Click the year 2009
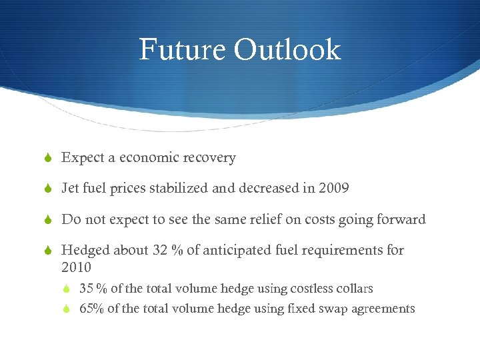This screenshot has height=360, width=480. click(x=333, y=189)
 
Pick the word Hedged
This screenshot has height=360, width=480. click(x=85, y=250)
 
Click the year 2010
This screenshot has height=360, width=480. click(x=76, y=267)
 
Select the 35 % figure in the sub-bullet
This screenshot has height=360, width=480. click(x=93, y=289)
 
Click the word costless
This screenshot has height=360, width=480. click(x=303, y=289)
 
